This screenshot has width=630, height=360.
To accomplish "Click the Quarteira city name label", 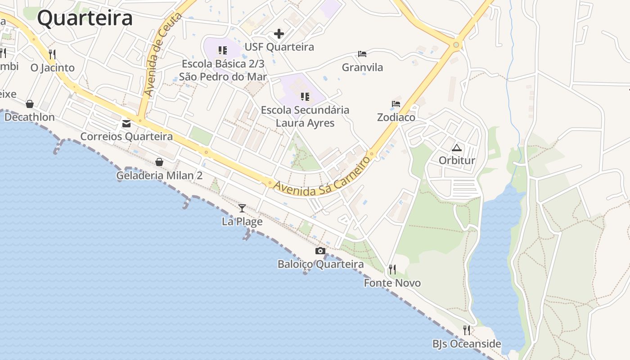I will [x=85, y=18].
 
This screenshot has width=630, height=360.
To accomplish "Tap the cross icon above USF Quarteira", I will [x=279, y=34].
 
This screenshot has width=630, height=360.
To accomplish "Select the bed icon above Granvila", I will [x=362, y=54].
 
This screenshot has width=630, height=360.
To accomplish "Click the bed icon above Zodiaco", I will [x=396, y=103].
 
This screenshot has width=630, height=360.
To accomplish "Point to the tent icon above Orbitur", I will [x=457, y=148].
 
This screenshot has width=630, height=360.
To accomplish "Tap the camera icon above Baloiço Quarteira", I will [x=320, y=251].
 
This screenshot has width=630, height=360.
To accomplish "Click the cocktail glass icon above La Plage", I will [x=242, y=208].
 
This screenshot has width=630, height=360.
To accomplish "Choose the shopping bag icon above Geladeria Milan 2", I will [x=159, y=162].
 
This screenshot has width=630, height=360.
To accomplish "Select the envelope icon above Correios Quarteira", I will [x=126, y=123].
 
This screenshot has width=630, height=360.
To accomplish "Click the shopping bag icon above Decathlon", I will [x=30, y=104].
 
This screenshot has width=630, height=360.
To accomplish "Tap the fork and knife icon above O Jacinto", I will [x=52, y=54].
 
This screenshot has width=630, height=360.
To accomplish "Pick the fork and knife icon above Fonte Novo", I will [x=392, y=270].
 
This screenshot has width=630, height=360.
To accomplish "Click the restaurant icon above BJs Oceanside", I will [x=467, y=330].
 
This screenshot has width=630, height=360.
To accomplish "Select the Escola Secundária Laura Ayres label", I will [x=305, y=116].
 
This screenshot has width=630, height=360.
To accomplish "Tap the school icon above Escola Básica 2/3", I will [x=223, y=50].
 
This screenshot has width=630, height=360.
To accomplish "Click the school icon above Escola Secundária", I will [x=305, y=97].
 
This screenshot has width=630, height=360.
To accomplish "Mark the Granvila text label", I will [x=362, y=67].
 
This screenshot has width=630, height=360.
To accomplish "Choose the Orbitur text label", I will [x=457, y=161].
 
